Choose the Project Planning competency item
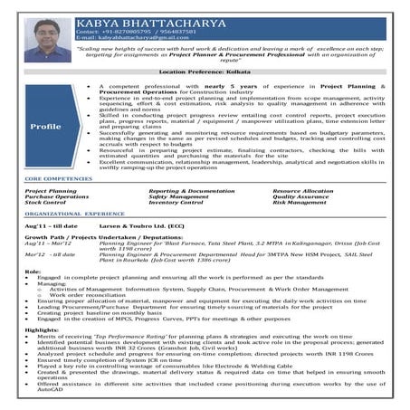pos(51,191)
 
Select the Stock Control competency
pos(44,202)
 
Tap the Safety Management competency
pos(177,196)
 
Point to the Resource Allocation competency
pos(303,191)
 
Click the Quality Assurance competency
pos(300,196)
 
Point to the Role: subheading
pos(33,272)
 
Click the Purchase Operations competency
pos(56,196)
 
